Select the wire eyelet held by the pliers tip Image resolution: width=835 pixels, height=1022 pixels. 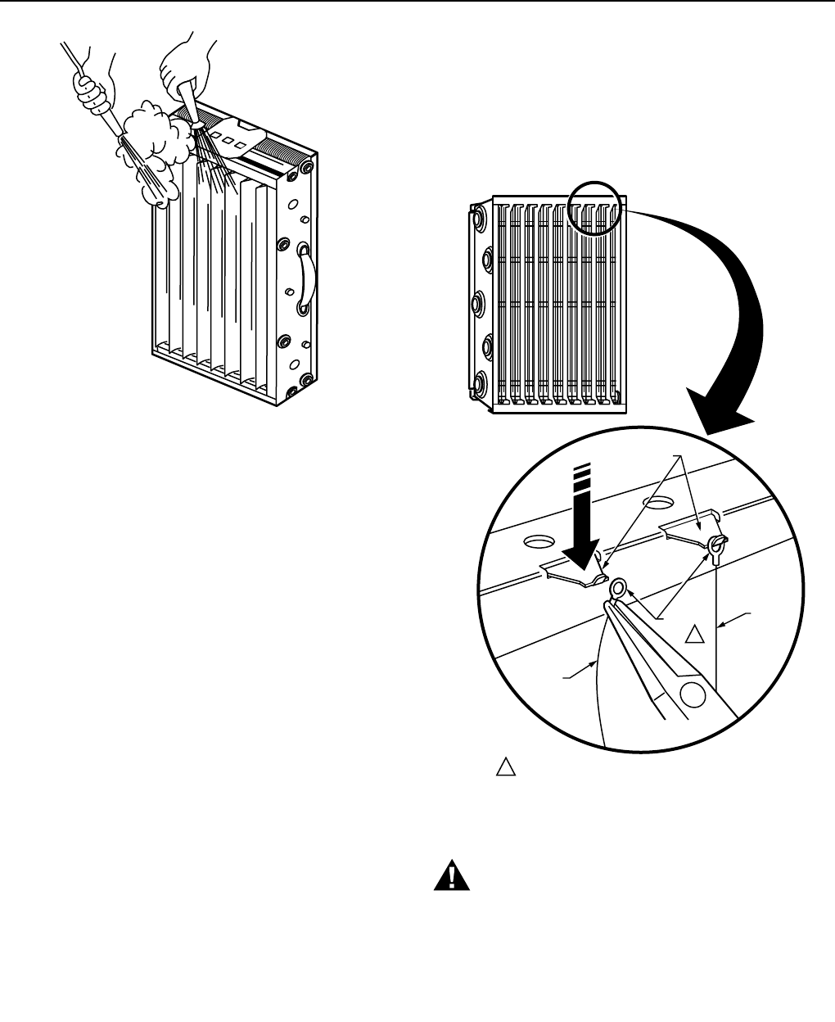(620, 586)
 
